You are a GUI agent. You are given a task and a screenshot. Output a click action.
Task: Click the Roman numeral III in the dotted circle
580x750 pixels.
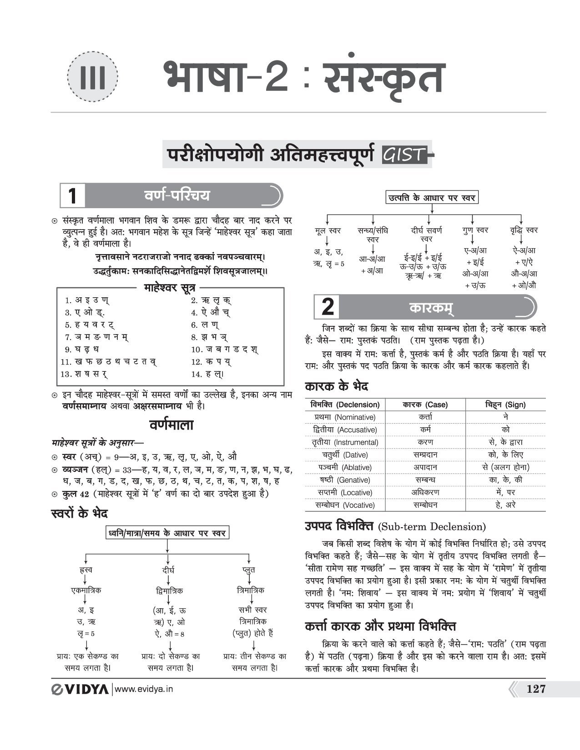(x=93, y=77)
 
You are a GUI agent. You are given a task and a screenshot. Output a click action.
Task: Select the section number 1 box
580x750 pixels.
(x=72, y=196)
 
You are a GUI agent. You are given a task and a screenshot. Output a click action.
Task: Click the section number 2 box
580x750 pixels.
(x=328, y=307)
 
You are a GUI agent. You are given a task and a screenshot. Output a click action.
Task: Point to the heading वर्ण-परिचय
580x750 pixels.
(x=177, y=196)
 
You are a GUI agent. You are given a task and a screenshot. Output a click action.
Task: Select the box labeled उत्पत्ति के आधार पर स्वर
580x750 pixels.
(x=431, y=198)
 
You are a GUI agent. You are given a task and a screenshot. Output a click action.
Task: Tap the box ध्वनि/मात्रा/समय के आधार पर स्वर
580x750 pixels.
(x=166, y=533)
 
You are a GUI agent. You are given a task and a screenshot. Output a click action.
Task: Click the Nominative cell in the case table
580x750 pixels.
(x=345, y=417)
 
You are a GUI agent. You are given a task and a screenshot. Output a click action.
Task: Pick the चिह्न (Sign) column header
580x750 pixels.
(x=505, y=405)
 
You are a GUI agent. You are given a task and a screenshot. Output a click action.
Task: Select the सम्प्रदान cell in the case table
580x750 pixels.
(x=425, y=455)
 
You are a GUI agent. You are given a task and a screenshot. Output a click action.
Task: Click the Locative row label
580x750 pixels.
(x=345, y=492)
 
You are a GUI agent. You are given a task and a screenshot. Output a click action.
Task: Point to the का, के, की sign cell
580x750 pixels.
(x=505, y=480)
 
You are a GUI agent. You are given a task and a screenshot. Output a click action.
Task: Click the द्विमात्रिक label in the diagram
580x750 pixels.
(x=168, y=591)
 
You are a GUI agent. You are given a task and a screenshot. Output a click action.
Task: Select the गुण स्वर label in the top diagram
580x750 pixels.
(x=475, y=230)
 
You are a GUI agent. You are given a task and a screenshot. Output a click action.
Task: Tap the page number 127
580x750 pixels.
(x=535, y=689)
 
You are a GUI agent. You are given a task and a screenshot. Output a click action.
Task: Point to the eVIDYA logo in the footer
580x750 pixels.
(x=80, y=689)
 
